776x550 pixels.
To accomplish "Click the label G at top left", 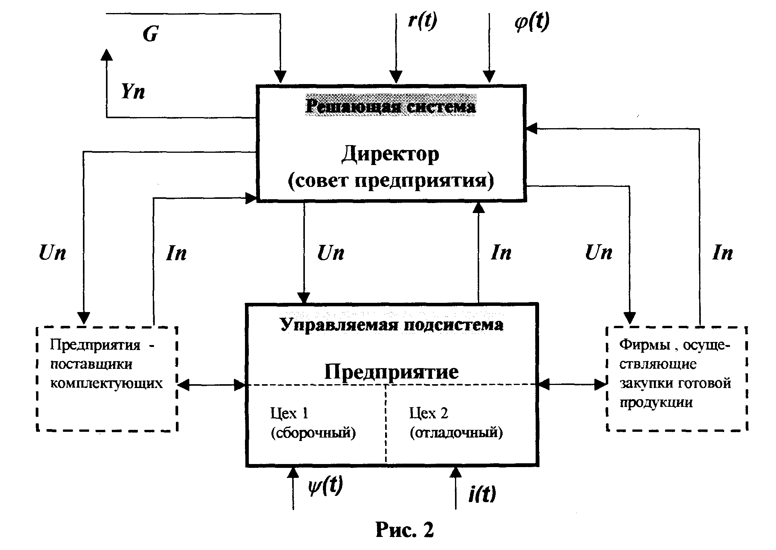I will click(151, 34).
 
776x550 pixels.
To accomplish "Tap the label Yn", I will click(133, 92).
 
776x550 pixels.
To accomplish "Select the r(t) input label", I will click(422, 21).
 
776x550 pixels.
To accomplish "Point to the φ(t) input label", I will click(532, 22).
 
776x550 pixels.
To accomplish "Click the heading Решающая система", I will click(390, 106).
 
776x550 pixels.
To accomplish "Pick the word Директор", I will click(390, 154).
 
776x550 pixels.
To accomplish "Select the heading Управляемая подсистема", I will click(392, 325).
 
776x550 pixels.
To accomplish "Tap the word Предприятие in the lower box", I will click(391, 371).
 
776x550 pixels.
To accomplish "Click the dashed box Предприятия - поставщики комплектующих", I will click(107, 378).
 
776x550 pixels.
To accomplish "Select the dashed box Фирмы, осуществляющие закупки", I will click(677, 378).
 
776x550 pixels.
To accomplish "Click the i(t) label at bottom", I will click(482, 494).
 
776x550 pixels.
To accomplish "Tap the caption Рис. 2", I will click(404, 530).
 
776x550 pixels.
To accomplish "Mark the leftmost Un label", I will click(53, 253).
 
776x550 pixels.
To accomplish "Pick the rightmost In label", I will click(722, 253).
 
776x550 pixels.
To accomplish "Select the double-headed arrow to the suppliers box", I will click(212, 385).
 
